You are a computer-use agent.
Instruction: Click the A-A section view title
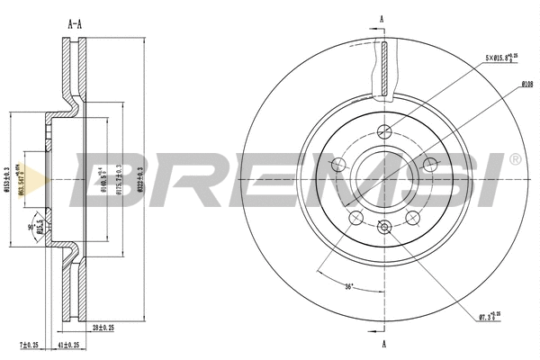(75, 24)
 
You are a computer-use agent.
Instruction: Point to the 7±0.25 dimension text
(30, 346)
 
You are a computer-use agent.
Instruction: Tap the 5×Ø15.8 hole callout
(501, 58)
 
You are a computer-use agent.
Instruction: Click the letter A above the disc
(382, 19)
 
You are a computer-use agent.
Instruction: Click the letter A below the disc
(383, 343)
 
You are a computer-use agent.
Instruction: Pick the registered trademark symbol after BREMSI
(514, 159)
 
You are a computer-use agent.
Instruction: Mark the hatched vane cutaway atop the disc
(383, 68)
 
